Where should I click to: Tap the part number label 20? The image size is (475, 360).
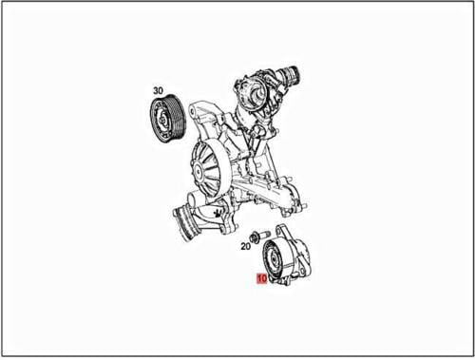[245, 246]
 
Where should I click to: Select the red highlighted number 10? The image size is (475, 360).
[259, 279]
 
